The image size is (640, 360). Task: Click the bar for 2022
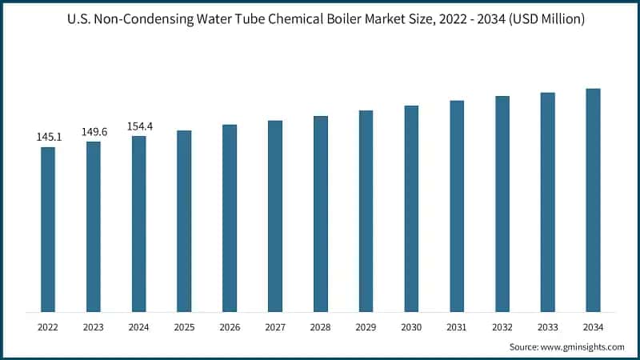tap(48, 230)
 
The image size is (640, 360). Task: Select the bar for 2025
tap(184, 221)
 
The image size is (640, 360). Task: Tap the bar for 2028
tap(320, 214)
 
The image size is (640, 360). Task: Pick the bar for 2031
tap(457, 206)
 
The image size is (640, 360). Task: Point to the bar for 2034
tap(593, 200)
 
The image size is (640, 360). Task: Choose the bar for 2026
tap(230, 218)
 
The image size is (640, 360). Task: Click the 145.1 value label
tap(48, 138)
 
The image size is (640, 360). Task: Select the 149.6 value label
tap(94, 132)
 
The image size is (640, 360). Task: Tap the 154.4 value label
tap(139, 126)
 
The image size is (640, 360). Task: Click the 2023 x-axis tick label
tap(94, 326)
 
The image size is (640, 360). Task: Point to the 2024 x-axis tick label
tap(139, 326)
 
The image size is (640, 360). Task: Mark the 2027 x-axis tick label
tap(275, 326)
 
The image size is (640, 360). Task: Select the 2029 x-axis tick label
tap(366, 326)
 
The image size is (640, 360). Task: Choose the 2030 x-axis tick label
tap(411, 326)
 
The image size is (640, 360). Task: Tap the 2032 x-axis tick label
tap(502, 326)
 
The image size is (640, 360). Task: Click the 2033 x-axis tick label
tap(547, 326)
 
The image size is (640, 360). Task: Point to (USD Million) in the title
tap(545, 18)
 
